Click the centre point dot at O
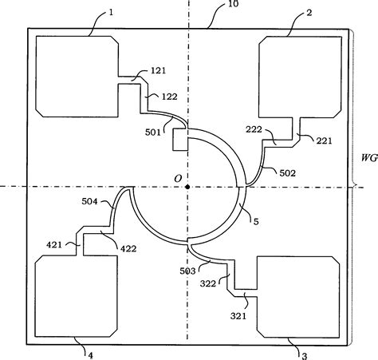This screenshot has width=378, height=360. [x=187, y=187]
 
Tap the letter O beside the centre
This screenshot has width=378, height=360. [x=178, y=179]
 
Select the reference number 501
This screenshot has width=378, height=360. [x=153, y=133]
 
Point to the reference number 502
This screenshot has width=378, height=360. [x=288, y=173]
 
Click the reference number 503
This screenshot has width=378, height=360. [x=187, y=271]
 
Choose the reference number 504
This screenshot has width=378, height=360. [x=89, y=201]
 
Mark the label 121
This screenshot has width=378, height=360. [x=158, y=71]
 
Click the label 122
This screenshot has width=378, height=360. [x=169, y=97]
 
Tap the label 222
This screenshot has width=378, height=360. [x=254, y=129]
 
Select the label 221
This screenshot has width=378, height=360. [x=324, y=140]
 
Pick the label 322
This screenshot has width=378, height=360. [x=208, y=283]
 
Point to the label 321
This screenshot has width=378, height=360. [x=238, y=316]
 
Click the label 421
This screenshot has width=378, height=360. [x=54, y=244]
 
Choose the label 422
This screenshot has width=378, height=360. [x=128, y=249]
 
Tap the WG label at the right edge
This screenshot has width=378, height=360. [x=369, y=158]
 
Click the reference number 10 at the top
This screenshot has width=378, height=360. [x=234, y=4]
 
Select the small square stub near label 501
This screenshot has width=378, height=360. [x=180, y=140]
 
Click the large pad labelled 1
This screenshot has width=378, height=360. [x=77, y=77]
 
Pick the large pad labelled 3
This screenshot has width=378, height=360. [x=298, y=297]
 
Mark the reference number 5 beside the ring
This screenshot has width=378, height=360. [x=256, y=222]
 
